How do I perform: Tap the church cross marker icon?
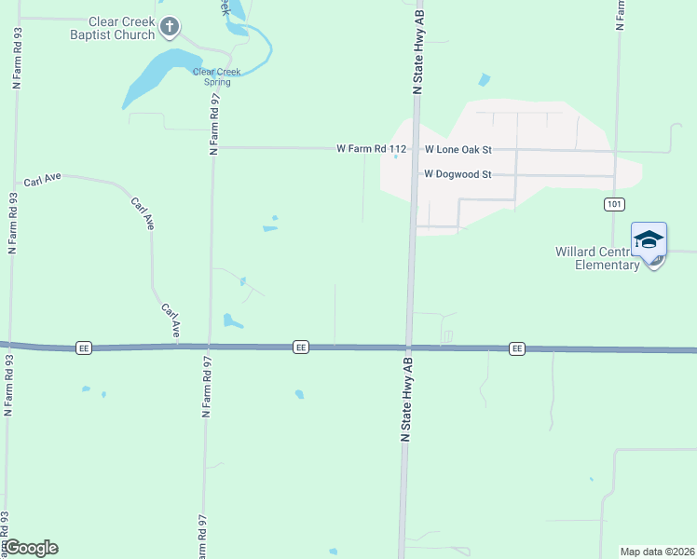tap(169, 27)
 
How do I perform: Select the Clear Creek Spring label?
tap(217, 76)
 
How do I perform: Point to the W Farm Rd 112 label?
tap(372, 148)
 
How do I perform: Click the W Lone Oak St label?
tap(458, 149)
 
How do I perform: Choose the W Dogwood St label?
tap(457, 173)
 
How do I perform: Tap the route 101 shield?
tap(612, 204)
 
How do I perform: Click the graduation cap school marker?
tap(649, 240)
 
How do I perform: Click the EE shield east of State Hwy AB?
tap(517, 348)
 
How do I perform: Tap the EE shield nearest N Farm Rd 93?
tap(84, 348)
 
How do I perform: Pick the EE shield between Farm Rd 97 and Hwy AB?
tap(300, 347)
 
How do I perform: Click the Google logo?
tap(31, 548)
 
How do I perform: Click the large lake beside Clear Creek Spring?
tap(157, 75)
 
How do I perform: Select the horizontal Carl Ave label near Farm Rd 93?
tap(43, 179)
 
